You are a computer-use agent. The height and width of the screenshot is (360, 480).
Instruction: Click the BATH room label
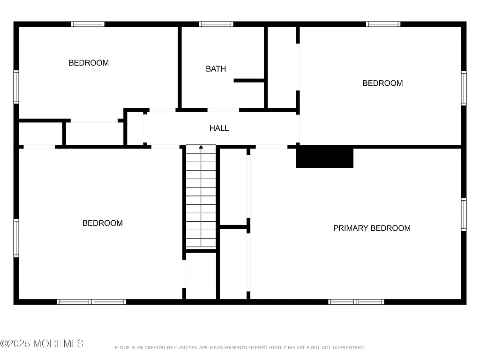(x=216, y=69)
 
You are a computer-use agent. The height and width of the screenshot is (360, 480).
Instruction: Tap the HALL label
(x=219, y=128)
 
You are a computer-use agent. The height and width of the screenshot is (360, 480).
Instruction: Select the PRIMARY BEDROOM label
(x=372, y=228)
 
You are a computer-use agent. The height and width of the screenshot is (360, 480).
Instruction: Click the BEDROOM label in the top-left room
(x=89, y=63)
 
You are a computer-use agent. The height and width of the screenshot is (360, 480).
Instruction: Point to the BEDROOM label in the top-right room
(x=382, y=83)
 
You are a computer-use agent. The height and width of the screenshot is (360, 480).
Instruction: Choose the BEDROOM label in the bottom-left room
(x=103, y=223)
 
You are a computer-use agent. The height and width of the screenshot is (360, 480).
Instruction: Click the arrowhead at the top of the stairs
(x=201, y=147)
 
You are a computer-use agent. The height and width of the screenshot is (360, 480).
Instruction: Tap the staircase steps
(x=201, y=197)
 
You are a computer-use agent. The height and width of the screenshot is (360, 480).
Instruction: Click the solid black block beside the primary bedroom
(x=324, y=157)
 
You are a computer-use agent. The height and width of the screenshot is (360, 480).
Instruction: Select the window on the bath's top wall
(x=216, y=24)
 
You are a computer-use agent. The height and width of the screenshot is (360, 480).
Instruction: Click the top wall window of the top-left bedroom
(x=88, y=24)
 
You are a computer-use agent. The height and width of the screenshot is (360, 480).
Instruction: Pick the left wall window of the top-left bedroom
(x=16, y=87)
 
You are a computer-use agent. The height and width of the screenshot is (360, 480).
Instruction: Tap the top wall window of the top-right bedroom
(x=383, y=24)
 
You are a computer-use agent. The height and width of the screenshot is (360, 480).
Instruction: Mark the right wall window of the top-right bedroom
(x=464, y=88)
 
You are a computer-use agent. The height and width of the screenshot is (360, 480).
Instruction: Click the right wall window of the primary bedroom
(x=464, y=215)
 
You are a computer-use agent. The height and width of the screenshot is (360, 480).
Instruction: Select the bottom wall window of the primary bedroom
(x=356, y=302)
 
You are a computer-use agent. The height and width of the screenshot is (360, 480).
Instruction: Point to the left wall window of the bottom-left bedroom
(x=16, y=238)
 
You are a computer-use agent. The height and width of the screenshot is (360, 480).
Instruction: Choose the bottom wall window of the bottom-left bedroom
(x=91, y=302)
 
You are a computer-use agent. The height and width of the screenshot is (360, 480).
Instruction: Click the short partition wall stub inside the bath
(x=249, y=81)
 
